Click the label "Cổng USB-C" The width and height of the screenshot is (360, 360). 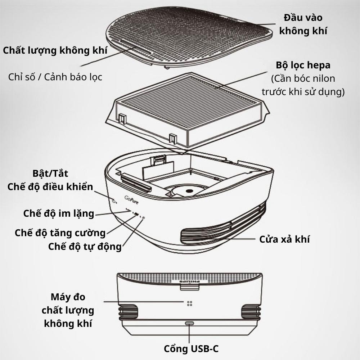pyautogui.click(x=191, y=349)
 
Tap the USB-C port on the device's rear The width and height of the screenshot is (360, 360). pyautogui.click(x=189, y=323)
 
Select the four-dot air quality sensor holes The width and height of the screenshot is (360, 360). pyautogui.click(x=190, y=303)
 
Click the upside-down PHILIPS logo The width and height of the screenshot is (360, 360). pyautogui.click(x=190, y=282)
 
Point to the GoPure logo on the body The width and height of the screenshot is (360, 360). pyautogui.click(x=131, y=200)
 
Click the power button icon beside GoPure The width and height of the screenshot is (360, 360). pyautogui.click(x=114, y=201)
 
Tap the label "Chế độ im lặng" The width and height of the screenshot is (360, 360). pyautogui.click(x=59, y=213)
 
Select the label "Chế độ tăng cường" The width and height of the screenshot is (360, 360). pyautogui.click(x=60, y=233)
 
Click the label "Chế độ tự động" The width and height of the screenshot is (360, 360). pyautogui.click(x=85, y=247)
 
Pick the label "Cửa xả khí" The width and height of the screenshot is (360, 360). pyautogui.click(x=284, y=239)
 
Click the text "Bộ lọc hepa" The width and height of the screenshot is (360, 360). pyautogui.click(x=303, y=65)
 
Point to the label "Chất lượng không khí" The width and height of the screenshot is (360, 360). pyautogui.click(x=55, y=50)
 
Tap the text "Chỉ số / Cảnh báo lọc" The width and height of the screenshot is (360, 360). pyautogui.click(x=55, y=77)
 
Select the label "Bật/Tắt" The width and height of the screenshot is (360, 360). pyautogui.click(x=50, y=174)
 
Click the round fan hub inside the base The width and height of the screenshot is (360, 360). pyautogui.click(x=189, y=190)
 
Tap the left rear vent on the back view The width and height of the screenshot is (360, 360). pyautogui.click(x=128, y=312)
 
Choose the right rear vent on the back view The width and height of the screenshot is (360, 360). pyautogui.click(x=251, y=312)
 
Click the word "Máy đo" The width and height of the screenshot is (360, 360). pyautogui.click(x=68, y=297)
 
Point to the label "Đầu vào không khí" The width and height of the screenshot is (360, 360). pyautogui.click(x=303, y=24)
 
